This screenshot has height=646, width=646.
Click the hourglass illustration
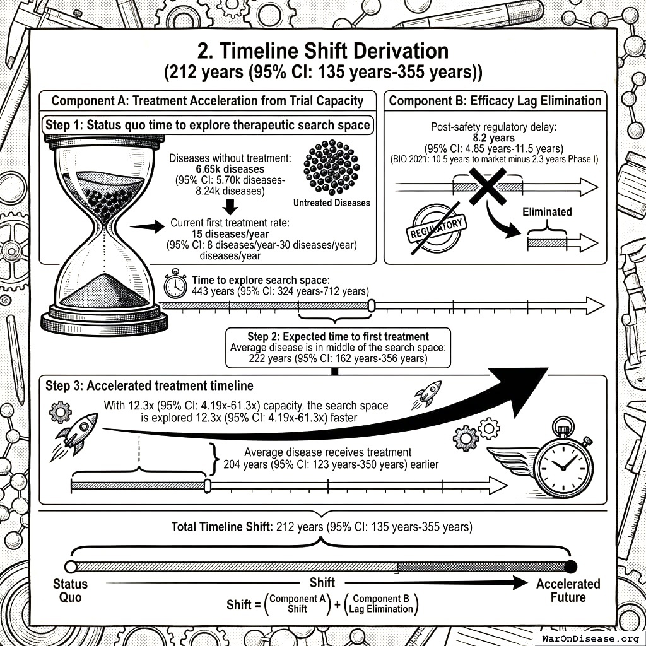pos(105,233)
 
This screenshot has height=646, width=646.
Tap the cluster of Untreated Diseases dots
pos(331,167)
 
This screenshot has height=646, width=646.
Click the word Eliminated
pos(546,212)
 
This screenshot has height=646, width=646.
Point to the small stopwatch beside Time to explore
pos(175,285)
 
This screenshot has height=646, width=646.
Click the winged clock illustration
pos(555,464)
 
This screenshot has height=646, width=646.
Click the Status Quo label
pos(70,590)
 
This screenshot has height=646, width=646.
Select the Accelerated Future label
pos(568,590)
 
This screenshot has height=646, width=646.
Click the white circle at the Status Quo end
pos(71,567)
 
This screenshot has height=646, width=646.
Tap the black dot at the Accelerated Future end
pos(571,566)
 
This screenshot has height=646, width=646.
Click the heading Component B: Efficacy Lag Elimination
pos(495,101)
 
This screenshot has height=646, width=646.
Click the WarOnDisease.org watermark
pos(590,638)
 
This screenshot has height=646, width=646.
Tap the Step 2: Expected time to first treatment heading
pos(338,336)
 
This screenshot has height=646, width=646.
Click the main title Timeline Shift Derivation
pos(323,51)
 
